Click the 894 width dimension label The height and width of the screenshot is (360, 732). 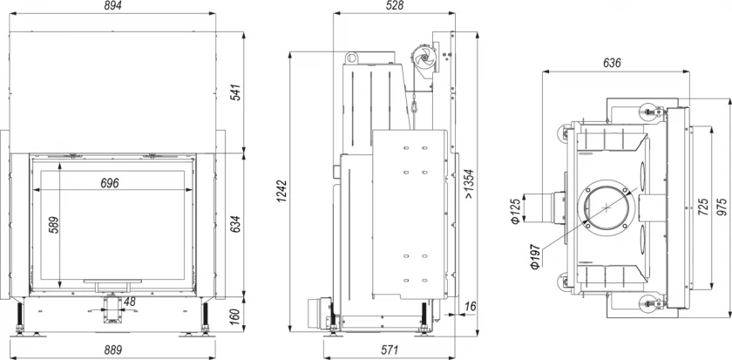(x=112, y=5)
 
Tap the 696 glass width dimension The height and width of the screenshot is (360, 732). (x=110, y=183)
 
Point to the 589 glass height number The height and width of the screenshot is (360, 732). (x=53, y=226)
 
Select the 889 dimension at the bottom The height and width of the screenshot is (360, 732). (x=112, y=350)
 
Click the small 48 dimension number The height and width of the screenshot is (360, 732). (x=129, y=302)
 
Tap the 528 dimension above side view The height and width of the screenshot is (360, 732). (x=394, y=5)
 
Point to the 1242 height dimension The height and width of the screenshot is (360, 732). (x=282, y=191)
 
